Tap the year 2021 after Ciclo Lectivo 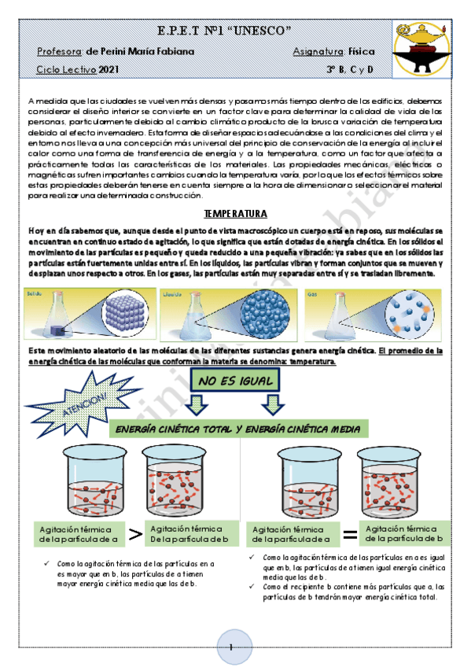click(x=109, y=70)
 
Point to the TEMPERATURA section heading click(x=235, y=214)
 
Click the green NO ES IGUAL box click(x=235, y=382)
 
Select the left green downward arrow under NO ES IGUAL click(x=197, y=404)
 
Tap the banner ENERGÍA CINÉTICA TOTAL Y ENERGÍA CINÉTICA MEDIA click(x=237, y=429)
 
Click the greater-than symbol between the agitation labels click(x=135, y=535)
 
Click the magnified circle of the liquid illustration click(x=256, y=309)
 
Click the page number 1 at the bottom click(x=232, y=647)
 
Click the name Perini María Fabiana click(x=140, y=52)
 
